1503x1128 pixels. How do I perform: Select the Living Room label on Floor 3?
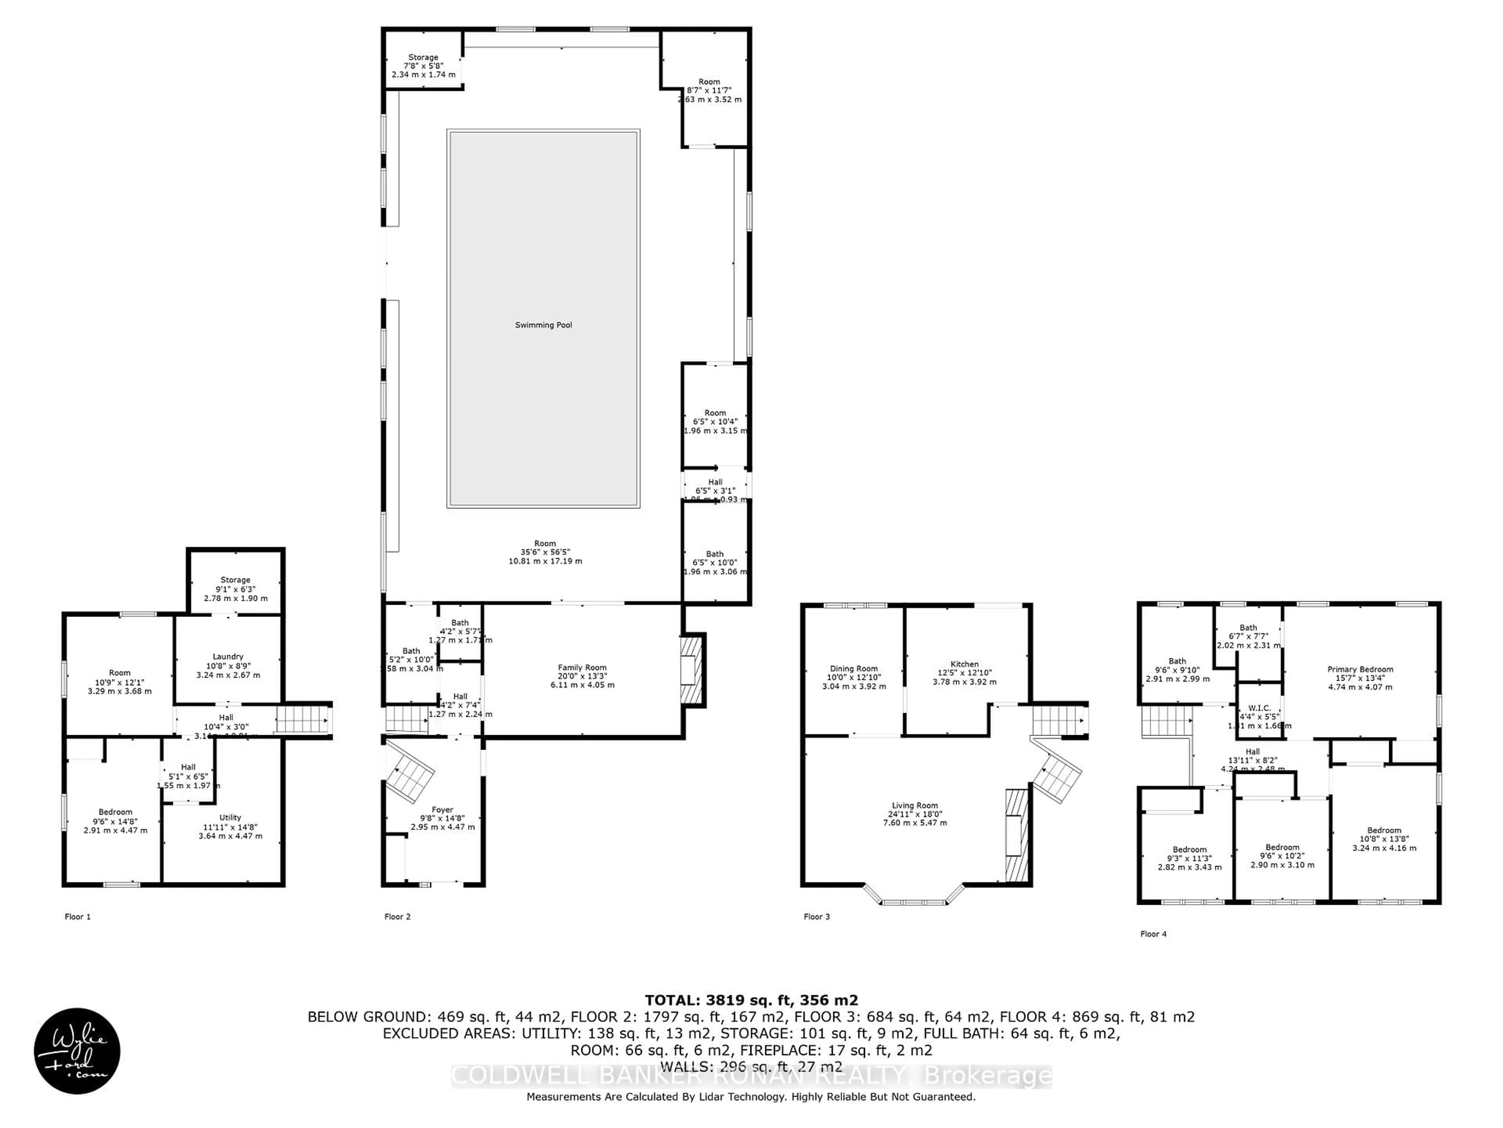tap(915, 805)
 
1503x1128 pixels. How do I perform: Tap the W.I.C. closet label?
tap(1259, 708)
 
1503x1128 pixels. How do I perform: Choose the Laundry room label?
tap(228, 657)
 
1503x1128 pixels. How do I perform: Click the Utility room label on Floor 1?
tap(230, 817)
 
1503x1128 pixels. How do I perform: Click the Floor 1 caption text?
tap(77, 916)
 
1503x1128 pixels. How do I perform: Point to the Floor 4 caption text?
tap(1153, 934)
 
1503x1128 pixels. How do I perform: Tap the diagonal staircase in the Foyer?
tap(411, 775)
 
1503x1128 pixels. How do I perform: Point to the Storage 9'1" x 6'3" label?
tap(235, 580)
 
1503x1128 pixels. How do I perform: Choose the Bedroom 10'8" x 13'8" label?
tap(1384, 830)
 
